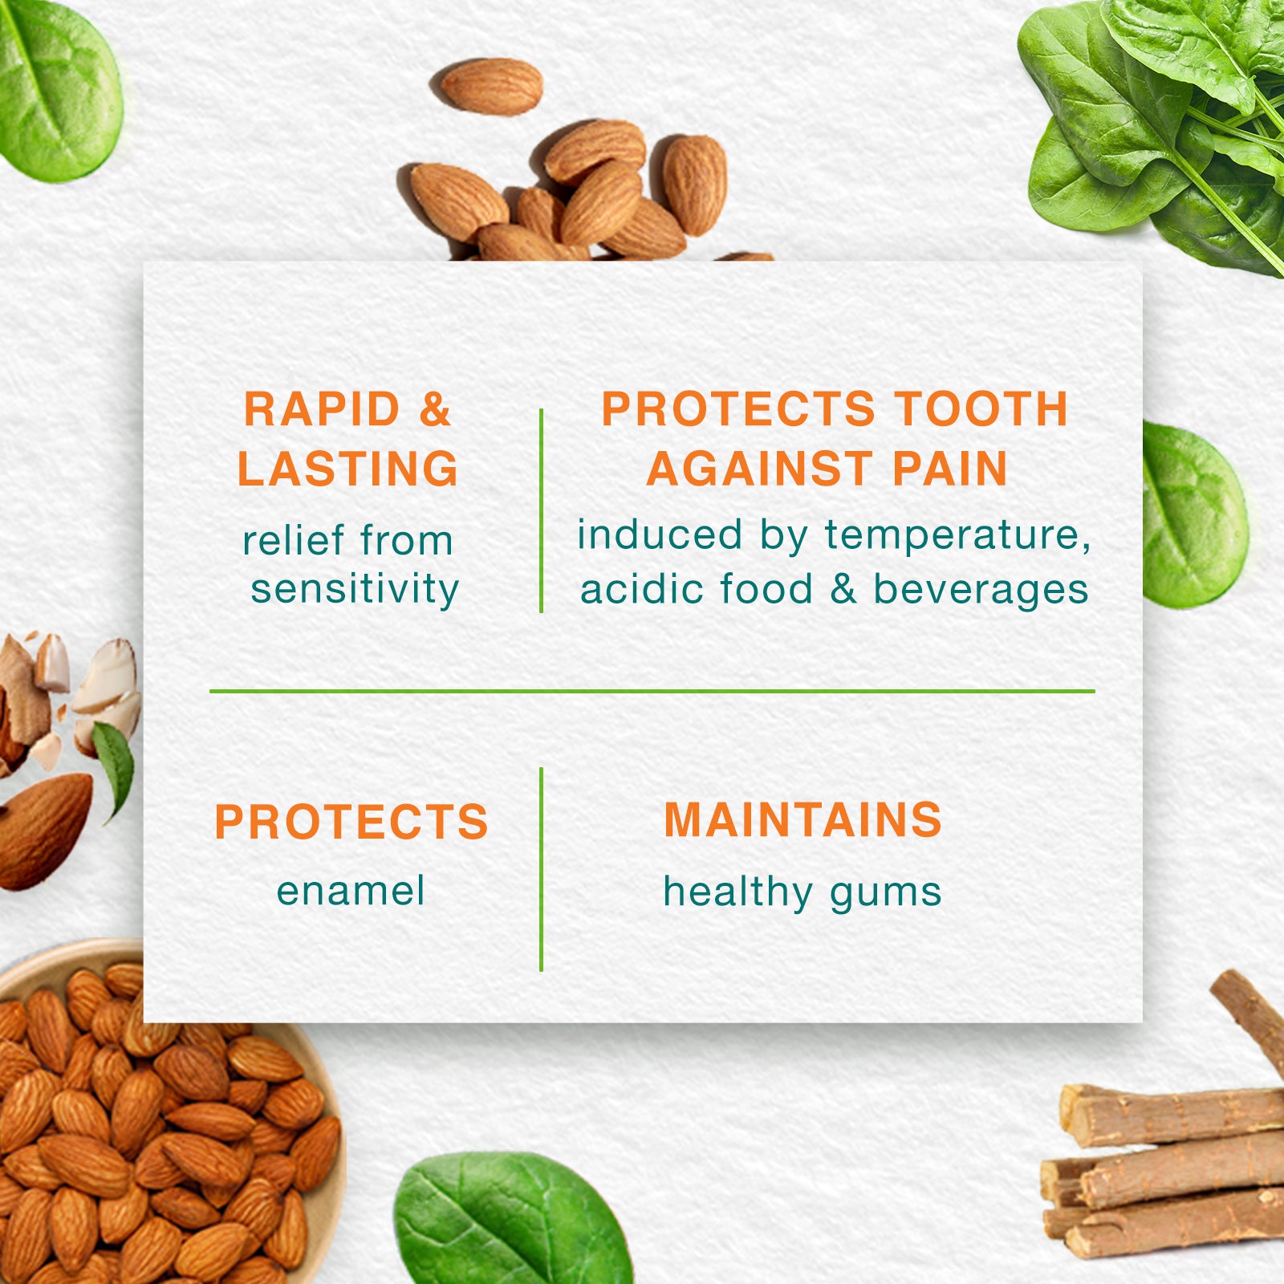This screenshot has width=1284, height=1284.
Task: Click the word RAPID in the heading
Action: click(x=322, y=409)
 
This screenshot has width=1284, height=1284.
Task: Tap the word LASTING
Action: click(x=347, y=469)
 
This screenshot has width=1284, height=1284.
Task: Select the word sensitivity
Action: click(x=355, y=589)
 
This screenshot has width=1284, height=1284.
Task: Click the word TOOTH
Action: click(x=981, y=409)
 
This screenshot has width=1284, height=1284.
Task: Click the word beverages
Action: click(x=981, y=590)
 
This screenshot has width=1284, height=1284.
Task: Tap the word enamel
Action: click(x=351, y=891)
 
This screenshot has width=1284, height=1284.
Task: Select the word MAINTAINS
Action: click(x=802, y=820)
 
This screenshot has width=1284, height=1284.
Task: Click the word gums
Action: click(x=886, y=894)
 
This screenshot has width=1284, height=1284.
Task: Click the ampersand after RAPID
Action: click(x=434, y=409)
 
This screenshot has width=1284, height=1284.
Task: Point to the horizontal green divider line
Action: click(x=652, y=690)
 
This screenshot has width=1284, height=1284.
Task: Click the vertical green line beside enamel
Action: click(x=542, y=869)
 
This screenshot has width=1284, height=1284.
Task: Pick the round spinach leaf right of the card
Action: click(x=1194, y=514)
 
